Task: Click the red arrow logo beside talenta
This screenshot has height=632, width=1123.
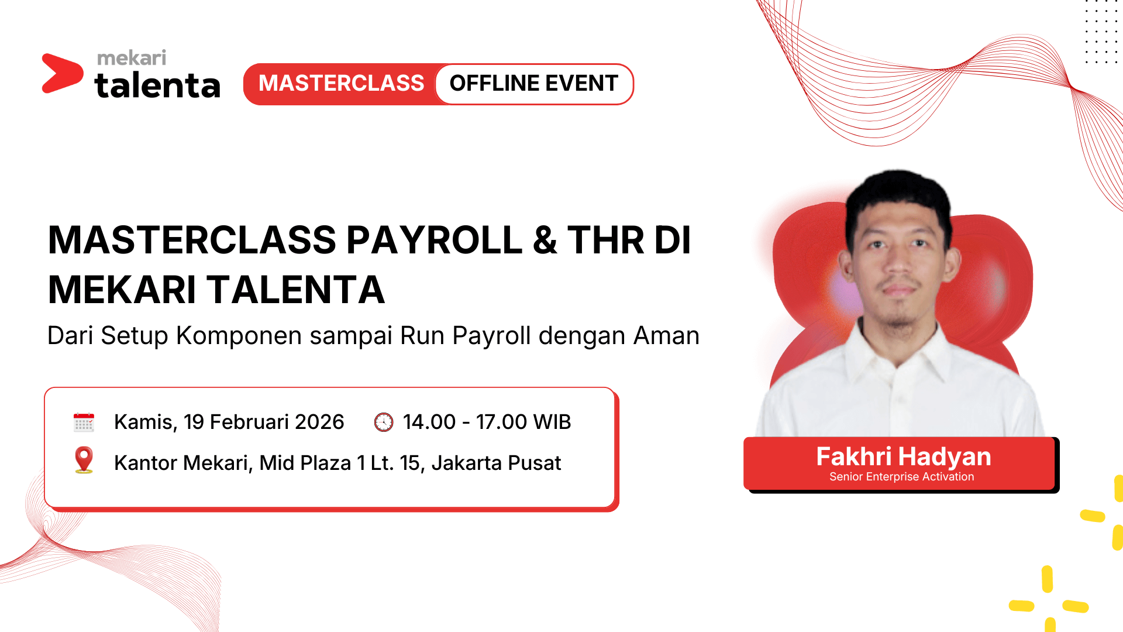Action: [x=61, y=73]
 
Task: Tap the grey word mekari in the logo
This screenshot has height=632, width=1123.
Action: [x=132, y=58]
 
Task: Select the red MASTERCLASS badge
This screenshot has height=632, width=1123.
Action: [x=342, y=84]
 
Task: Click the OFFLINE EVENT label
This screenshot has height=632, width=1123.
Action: [x=533, y=84]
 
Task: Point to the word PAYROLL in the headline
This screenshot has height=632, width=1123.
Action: [x=435, y=240]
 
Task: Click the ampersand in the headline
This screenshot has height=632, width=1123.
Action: [x=545, y=240]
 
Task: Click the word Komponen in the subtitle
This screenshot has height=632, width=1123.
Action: [x=239, y=336]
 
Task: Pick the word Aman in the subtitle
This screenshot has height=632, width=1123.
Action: [x=667, y=336]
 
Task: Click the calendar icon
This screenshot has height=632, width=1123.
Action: [x=84, y=422]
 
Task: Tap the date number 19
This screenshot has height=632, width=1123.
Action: [x=194, y=422]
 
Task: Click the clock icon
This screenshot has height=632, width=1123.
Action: [x=384, y=422]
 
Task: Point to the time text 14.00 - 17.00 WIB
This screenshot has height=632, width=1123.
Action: [x=487, y=422]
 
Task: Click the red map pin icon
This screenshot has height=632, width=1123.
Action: [x=84, y=460]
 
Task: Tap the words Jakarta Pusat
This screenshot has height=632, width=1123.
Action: [x=496, y=463]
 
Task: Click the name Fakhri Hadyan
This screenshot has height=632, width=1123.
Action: [x=904, y=456]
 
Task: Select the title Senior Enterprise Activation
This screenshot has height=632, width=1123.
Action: [x=902, y=477]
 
